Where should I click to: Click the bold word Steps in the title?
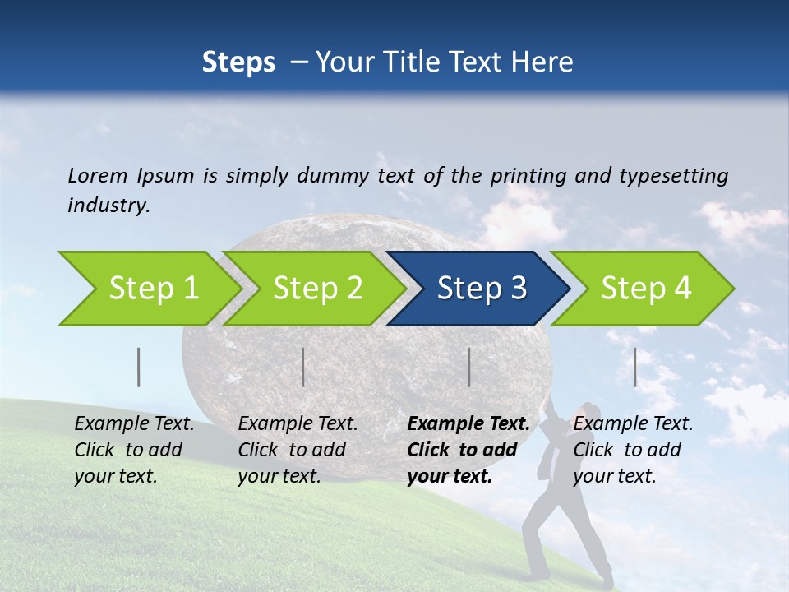point(238,62)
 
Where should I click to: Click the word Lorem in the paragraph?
point(95,175)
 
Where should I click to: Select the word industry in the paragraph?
point(108,206)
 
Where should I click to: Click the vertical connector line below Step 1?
point(139,367)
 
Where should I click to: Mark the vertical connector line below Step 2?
point(303,367)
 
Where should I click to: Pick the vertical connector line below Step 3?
point(469,367)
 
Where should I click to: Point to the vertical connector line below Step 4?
point(635,367)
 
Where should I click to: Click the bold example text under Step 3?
point(468,450)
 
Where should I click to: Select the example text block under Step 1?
point(134,450)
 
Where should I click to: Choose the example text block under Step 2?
point(298,450)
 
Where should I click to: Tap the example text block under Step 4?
point(633,450)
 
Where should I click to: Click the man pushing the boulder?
point(567,493)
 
